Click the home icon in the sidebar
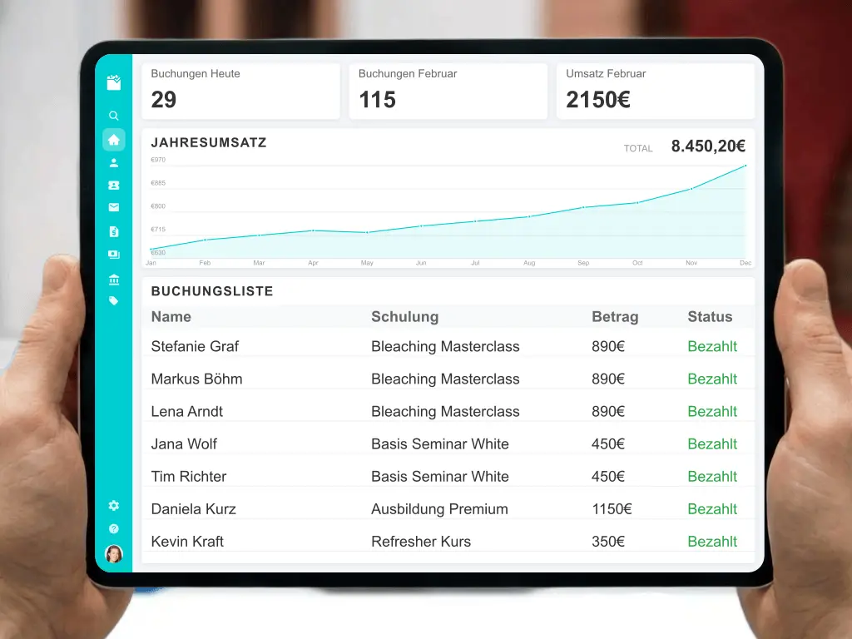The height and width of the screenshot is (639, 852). [114, 140]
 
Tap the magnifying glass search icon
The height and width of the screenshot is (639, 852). [114, 116]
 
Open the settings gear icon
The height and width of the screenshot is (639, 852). [114, 505]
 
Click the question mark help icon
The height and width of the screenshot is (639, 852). [114, 528]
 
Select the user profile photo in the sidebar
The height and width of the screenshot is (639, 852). [114, 553]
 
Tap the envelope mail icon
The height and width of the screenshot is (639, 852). [114, 208]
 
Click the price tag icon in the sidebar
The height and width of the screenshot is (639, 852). [114, 300]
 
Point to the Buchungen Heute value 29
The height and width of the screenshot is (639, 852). [164, 100]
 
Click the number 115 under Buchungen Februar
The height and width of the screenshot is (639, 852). [377, 100]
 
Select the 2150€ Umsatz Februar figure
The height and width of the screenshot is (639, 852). [597, 100]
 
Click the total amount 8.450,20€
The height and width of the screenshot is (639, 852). [708, 146]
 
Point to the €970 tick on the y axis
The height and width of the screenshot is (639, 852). [158, 160]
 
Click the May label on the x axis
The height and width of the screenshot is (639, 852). [367, 263]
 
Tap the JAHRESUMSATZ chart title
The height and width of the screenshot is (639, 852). [209, 142]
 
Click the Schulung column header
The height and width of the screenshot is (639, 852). [404, 316]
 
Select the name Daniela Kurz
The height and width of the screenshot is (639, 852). [194, 508]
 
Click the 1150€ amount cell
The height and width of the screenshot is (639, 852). [612, 508]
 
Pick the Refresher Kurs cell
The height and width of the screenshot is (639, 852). [421, 541]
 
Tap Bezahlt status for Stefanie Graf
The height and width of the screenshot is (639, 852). [712, 346]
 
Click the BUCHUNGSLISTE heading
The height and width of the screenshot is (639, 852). [212, 291]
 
